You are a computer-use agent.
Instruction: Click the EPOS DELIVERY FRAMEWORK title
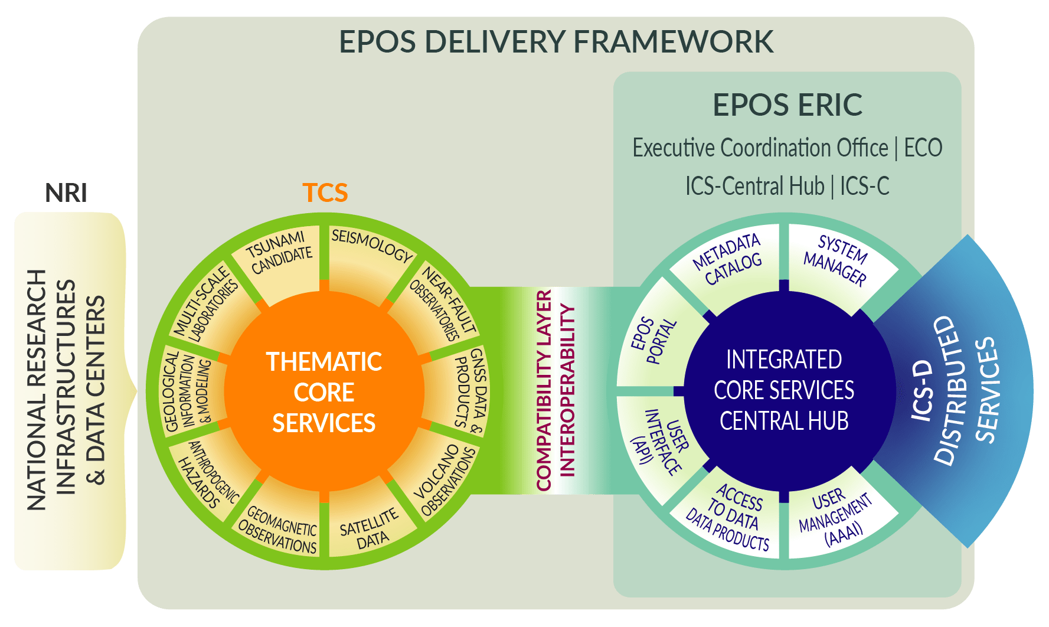(555, 42)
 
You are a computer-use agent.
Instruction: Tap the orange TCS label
(325, 192)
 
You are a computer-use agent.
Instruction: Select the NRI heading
(66, 193)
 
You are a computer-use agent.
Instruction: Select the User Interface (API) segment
(656, 443)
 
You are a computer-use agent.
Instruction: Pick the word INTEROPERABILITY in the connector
(567, 390)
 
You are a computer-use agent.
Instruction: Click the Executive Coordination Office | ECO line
(787, 148)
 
